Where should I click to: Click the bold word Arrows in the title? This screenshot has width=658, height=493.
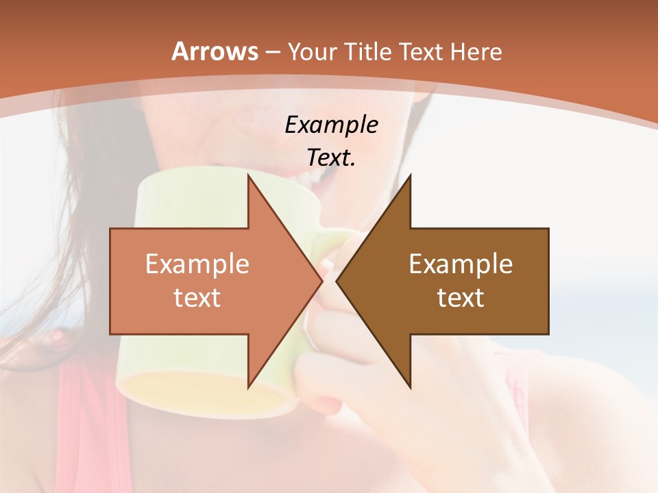coord(215,51)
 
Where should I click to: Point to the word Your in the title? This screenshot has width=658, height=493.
coord(312,52)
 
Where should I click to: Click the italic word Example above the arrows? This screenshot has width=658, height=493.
coord(331,125)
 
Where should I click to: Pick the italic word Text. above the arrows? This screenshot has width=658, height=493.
coord(331,157)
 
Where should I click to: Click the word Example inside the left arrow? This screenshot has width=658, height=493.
coord(197,264)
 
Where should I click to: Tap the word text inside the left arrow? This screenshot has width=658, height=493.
coord(197,298)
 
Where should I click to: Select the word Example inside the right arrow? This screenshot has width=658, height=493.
coord(461,264)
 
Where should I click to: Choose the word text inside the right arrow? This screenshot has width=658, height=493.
coord(461,298)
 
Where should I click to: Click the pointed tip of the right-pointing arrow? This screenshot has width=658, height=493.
coord(322,281)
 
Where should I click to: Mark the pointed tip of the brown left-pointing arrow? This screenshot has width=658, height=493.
coord(337,281)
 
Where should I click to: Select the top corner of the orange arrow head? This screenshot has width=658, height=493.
coord(248,175)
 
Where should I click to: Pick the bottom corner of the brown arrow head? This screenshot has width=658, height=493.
coord(411,388)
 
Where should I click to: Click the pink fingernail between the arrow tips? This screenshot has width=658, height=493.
coord(327,264)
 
